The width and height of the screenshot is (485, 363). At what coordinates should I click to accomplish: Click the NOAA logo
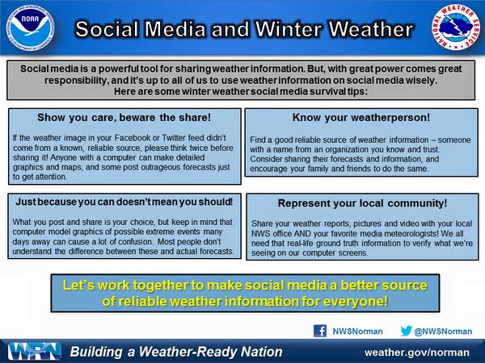point(30,28)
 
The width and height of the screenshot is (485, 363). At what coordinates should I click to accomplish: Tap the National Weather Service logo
point(456,27)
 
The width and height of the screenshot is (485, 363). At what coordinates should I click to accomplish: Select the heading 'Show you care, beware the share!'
point(124,118)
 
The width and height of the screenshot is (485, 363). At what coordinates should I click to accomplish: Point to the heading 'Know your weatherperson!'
point(361,118)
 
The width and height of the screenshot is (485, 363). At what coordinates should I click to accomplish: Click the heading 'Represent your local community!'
point(362,203)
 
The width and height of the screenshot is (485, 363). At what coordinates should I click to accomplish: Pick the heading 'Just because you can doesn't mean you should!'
point(124,202)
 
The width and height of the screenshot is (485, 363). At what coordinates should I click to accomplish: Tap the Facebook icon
point(320,331)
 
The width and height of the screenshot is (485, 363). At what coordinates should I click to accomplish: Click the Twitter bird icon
point(406,331)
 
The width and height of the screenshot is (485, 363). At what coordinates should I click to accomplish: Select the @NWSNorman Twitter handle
point(443,332)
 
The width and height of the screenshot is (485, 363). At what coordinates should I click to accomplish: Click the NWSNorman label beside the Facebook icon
point(357,332)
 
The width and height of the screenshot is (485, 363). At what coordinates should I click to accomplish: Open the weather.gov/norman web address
point(417,353)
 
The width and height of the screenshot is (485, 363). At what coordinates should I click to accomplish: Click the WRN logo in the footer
point(34,351)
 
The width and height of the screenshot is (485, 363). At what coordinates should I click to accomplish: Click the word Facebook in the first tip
point(133,138)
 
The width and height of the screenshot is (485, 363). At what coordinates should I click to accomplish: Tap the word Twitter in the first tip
point(174,138)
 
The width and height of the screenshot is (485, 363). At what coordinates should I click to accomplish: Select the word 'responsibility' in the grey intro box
point(76,80)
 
